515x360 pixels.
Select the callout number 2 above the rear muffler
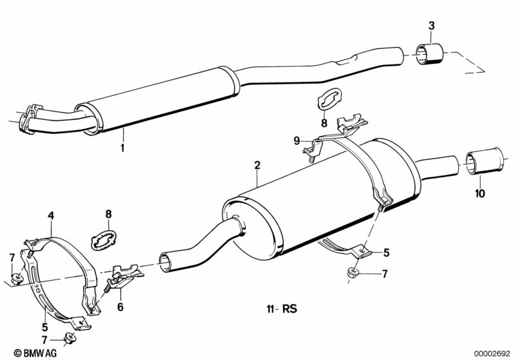(x=257, y=166)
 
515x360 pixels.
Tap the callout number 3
(x=431, y=26)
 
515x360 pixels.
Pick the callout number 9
(x=297, y=140)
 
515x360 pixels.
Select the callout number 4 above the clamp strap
(x=50, y=216)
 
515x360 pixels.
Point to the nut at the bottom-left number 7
(x=70, y=338)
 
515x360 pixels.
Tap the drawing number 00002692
(x=491, y=353)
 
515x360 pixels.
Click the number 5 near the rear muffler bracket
(x=386, y=252)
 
